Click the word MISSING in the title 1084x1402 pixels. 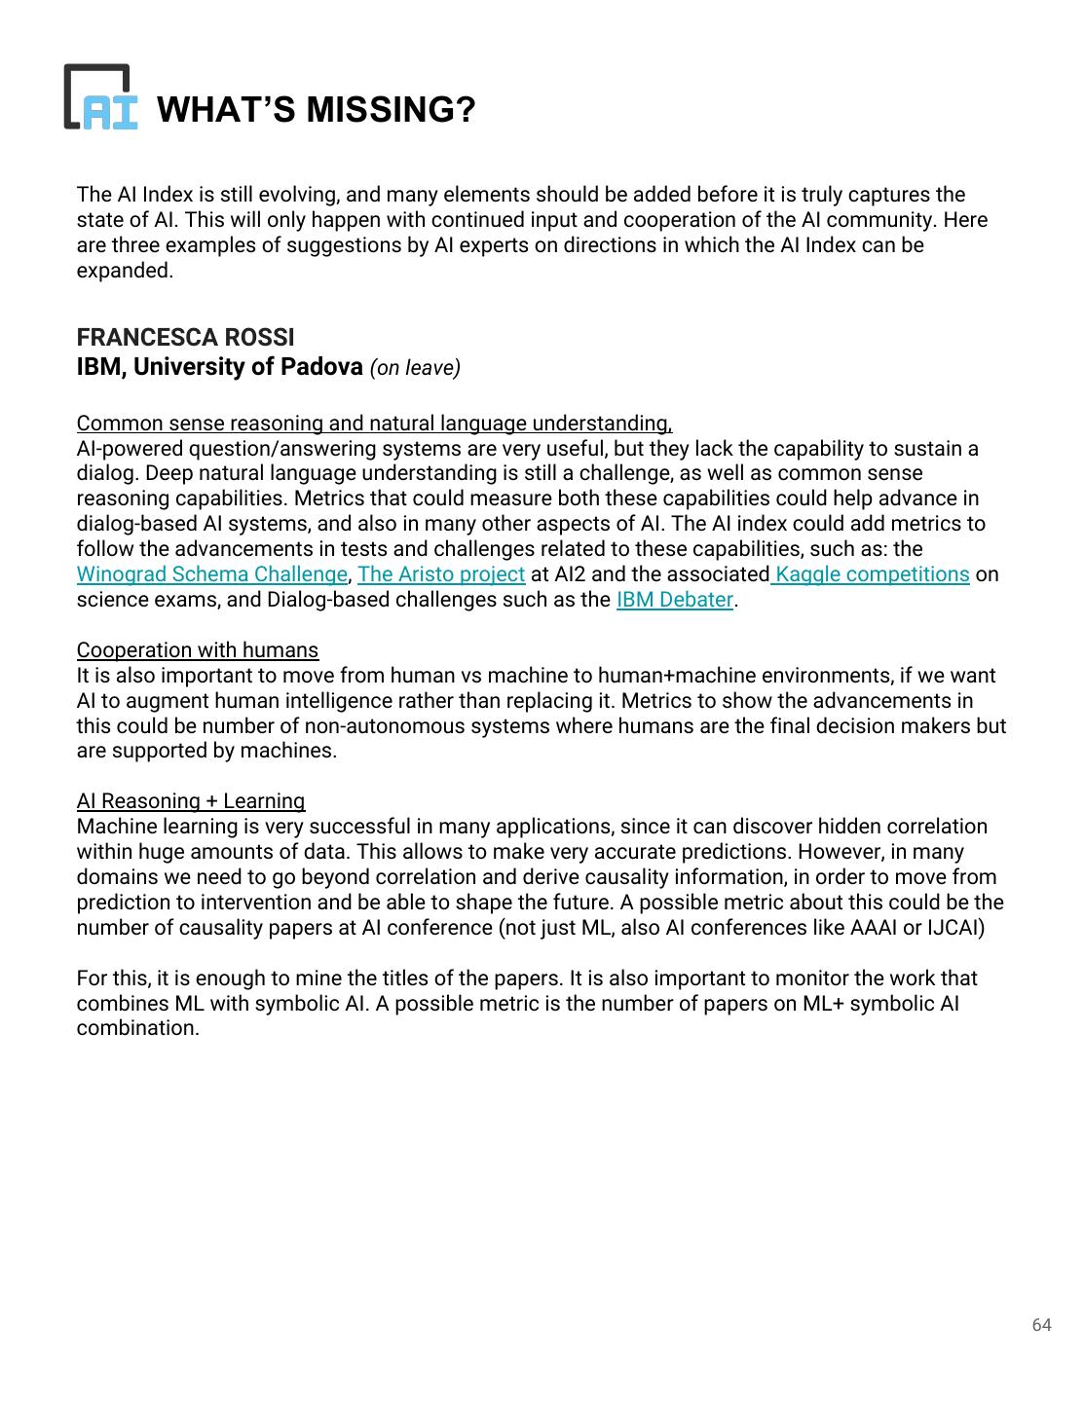point(391,110)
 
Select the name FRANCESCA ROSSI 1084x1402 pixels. point(185,338)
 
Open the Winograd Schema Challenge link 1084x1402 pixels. point(211,574)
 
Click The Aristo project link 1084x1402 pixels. point(441,574)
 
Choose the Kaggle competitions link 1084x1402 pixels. point(872,574)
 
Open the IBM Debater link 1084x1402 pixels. point(674,600)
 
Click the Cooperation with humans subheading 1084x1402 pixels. point(198,650)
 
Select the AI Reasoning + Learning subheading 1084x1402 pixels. point(191,801)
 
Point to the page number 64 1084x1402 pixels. point(1041,1325)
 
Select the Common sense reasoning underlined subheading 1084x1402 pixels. point(374,424)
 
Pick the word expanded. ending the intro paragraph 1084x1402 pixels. point(125,271)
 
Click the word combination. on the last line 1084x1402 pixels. point(137,1029)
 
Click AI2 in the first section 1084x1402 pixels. point(569,574)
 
